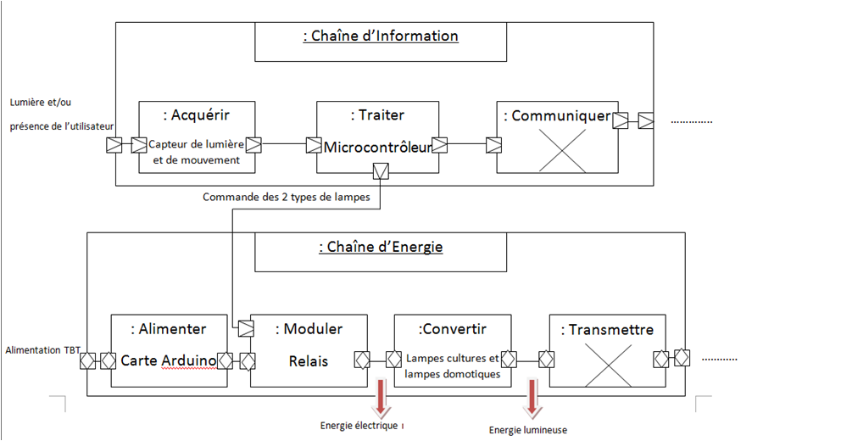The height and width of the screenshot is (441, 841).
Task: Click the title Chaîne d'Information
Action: [381, 36]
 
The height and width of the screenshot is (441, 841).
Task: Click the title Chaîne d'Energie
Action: [381, 248]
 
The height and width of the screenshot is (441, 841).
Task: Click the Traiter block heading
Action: [377, 115]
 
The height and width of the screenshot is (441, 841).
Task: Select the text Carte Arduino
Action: [169, 360]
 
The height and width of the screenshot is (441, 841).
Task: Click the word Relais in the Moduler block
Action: [309, 360]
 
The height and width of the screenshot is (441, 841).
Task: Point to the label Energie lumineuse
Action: [528, 430]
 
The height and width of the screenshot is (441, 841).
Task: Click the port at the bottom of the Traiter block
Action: [381, 172]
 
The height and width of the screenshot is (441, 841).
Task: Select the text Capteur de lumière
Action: [197, 143]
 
